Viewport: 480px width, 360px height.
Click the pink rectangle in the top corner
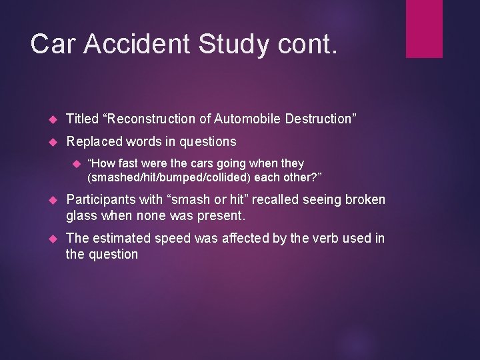click(424, 28)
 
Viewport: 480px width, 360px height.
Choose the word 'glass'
click(82, 215)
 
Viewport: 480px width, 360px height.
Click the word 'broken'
click(364, 200)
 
